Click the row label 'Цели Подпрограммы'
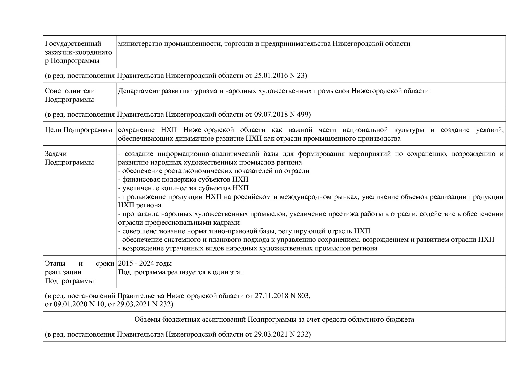78,130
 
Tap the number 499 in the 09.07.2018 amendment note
305,114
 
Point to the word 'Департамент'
137,91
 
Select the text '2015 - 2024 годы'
145,264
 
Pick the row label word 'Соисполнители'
70,91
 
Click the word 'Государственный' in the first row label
73,44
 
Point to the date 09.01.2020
71,304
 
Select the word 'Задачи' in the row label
56,154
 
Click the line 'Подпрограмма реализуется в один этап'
181,272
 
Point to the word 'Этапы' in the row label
54,264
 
